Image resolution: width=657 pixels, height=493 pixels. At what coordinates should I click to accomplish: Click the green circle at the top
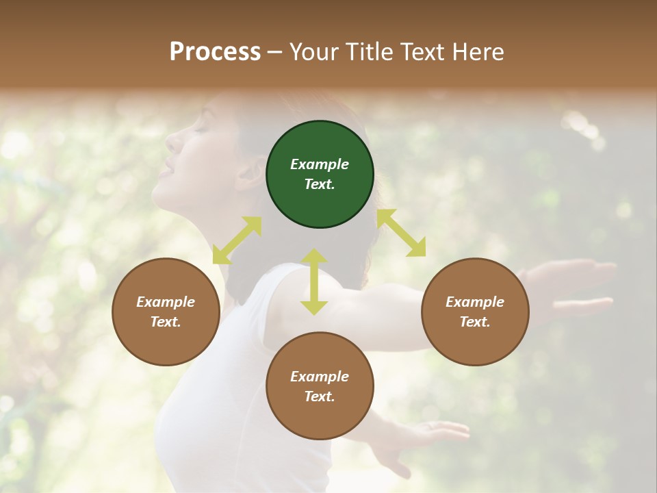[x=320, y=175]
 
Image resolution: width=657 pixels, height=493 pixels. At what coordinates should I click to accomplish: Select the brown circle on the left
[x=166, y=312]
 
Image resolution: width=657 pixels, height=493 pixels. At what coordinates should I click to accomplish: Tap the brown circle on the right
[x=475, y=312]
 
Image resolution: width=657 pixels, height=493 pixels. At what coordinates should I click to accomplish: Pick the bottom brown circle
[x=320, y=386]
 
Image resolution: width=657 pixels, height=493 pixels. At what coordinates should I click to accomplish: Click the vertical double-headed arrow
[x=314, y=281]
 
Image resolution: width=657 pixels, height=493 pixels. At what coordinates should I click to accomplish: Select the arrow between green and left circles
[x=237, y=240]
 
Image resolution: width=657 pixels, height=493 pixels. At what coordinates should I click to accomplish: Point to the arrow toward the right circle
[x=401, y=233]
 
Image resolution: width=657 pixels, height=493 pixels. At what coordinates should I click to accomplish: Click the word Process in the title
[x=215, y=51]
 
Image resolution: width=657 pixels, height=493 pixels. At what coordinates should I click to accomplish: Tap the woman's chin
[x=159, y=194]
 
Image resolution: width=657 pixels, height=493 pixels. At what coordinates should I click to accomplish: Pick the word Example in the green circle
[x=320, y=164]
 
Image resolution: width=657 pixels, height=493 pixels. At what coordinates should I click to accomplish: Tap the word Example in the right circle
[x=475, y=302]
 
